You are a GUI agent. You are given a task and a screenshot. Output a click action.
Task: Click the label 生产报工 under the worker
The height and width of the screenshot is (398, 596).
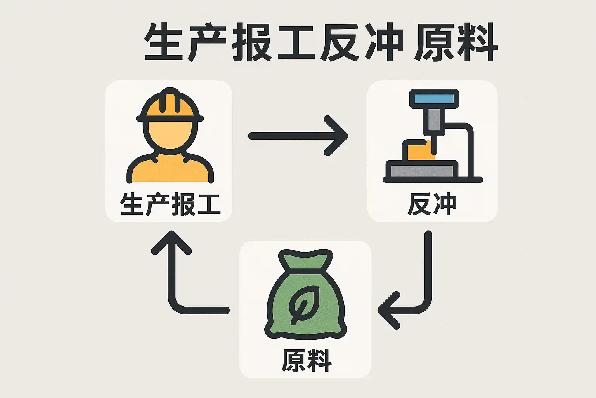point(170,204)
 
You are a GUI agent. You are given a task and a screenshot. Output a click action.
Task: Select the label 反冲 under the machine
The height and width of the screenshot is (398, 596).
point(432,204)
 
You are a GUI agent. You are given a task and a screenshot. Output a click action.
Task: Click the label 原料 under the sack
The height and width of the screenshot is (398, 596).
point(306,361)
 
